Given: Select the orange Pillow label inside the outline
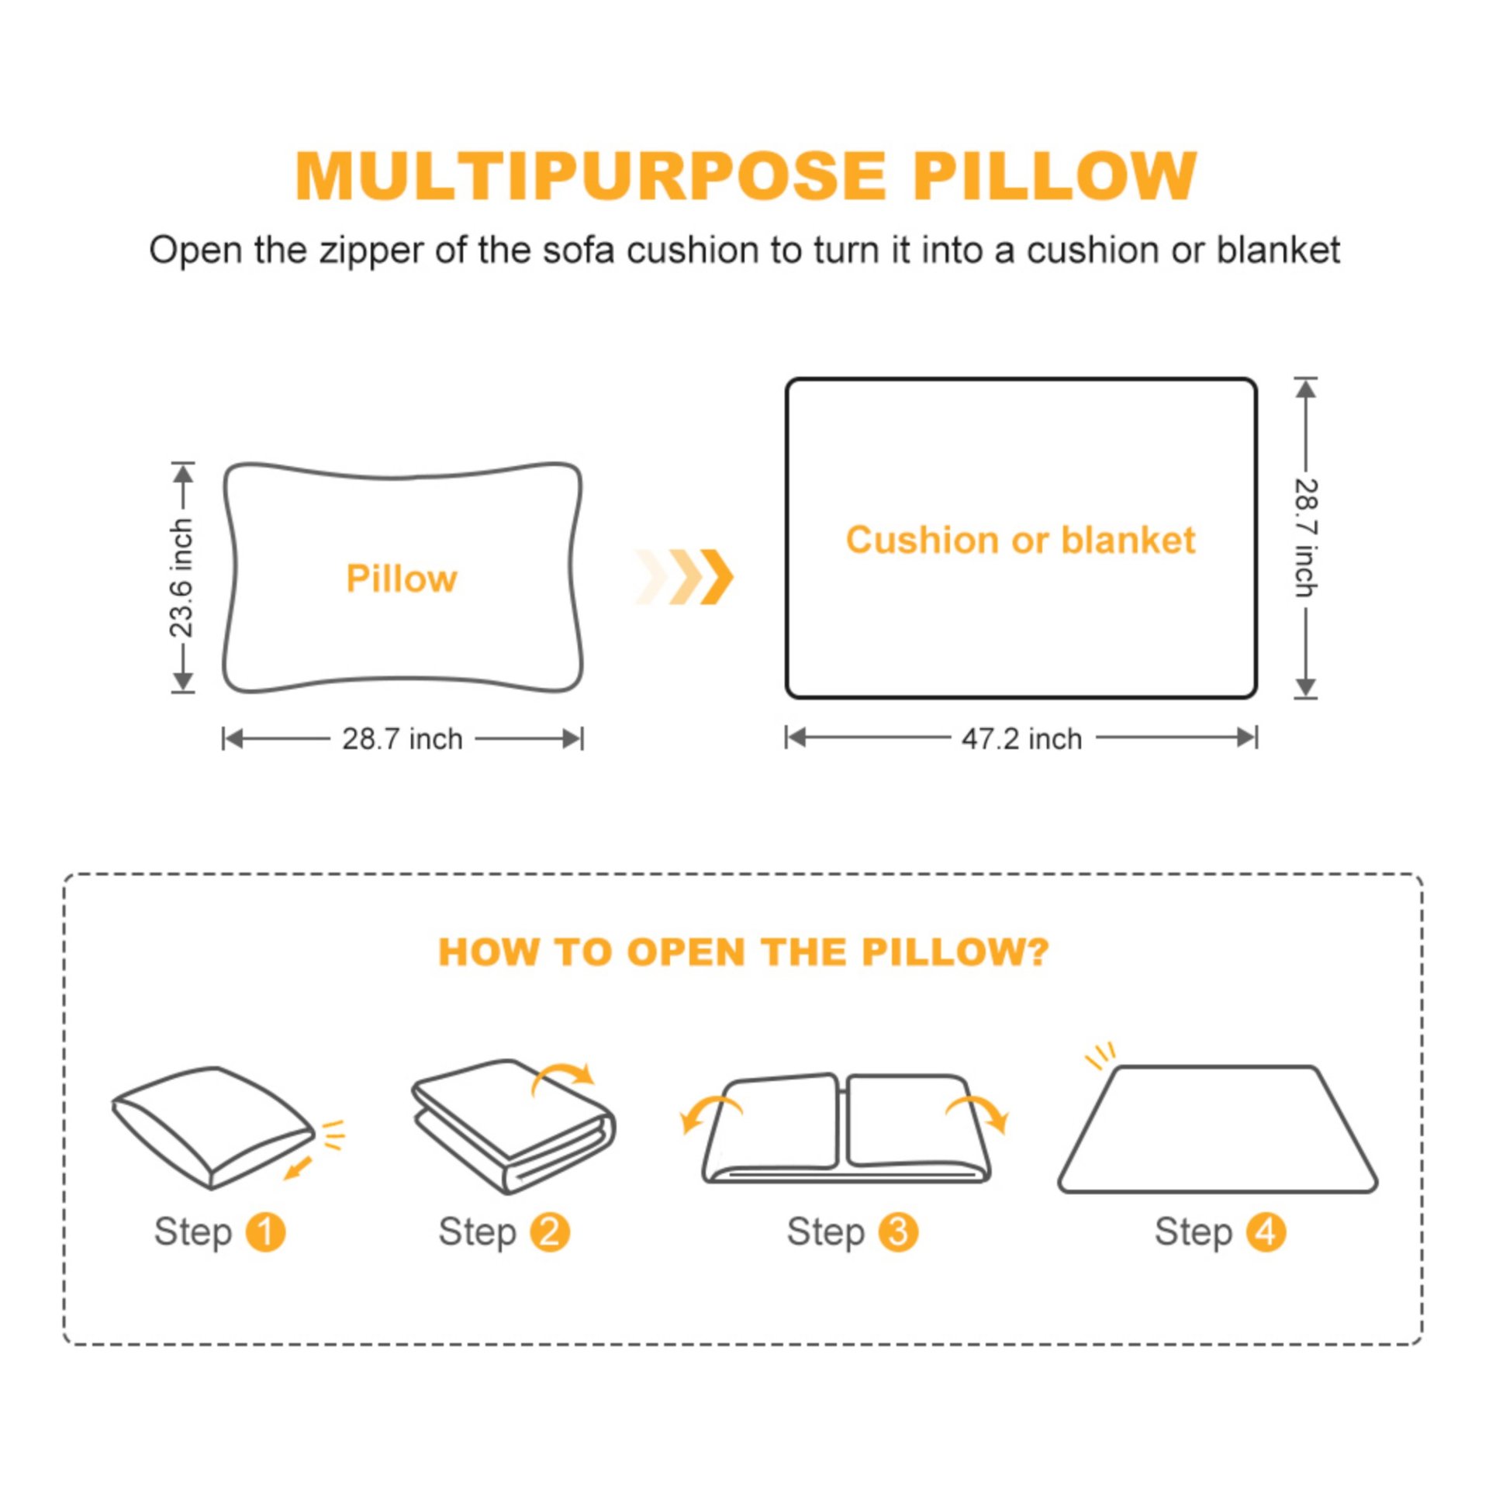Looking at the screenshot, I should coord(402,579).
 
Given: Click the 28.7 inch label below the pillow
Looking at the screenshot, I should coord(402,739).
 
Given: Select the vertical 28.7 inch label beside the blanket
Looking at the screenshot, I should coord(1306,537).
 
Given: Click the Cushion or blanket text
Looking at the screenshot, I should coord(1020,540).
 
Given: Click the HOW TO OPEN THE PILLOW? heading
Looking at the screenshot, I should coord(743,952).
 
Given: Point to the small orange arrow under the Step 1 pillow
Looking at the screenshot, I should coord(297,1168).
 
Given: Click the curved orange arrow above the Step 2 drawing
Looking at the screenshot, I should coord(563,1076).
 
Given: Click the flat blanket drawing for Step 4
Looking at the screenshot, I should coord(1218,1132).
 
